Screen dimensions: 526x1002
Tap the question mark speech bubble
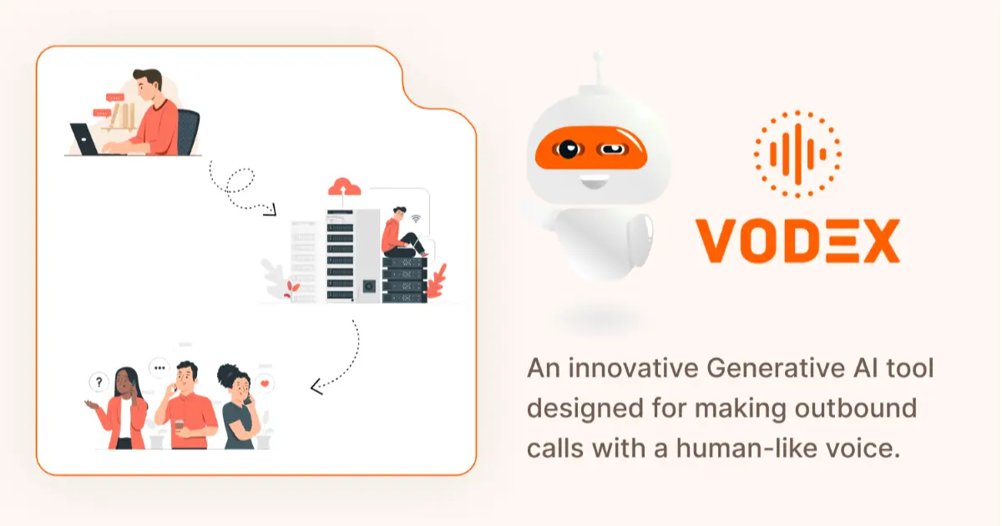99,382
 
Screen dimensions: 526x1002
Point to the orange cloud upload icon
342,186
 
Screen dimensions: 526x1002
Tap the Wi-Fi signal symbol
416,220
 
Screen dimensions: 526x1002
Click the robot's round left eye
569,150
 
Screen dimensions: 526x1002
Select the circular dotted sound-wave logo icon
797,154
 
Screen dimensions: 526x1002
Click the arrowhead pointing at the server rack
269,210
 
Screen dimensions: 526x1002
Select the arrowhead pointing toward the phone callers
316,387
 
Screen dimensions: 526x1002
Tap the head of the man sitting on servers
399,214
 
